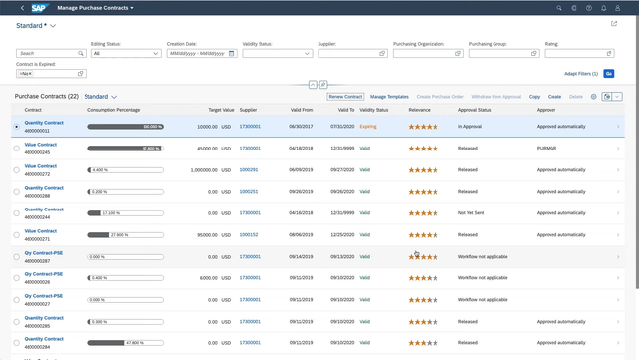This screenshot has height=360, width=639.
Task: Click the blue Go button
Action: point(609,74)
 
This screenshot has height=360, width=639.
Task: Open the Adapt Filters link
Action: point(580,74)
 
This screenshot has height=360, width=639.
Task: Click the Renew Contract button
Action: point(346,97)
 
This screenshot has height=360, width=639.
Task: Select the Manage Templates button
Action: point(389,97)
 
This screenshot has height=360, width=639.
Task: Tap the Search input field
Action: point(47,54)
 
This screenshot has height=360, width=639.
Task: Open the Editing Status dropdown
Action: point(126,54)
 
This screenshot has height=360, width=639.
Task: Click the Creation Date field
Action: point(198,54)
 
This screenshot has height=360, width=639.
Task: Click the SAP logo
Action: point(39,8)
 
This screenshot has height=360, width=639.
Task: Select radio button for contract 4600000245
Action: point(17,149)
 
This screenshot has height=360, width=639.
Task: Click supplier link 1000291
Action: point(248,170)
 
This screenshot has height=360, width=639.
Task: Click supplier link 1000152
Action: point(249,235)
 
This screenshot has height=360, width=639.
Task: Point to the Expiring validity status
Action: point(368,127)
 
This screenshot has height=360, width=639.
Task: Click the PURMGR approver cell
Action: point(547,149)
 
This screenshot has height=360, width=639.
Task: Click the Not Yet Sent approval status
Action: point(475,213)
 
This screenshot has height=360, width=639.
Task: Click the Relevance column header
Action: point(420,110)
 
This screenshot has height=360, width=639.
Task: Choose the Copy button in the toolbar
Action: point(534,97)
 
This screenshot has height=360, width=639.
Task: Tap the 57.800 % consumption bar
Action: point(125,149)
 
